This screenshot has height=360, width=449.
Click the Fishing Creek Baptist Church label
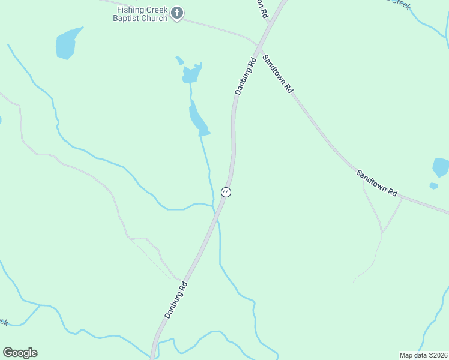pos(142,14)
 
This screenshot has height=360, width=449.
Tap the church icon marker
pos(177,13)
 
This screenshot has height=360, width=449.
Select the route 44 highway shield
pos(226,192)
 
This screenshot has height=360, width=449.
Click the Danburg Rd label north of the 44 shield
pos(246,75)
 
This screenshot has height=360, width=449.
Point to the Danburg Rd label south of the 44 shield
pos(176,299)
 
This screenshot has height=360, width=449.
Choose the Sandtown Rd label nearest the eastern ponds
pos(376,183)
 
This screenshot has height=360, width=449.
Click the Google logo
pos(20,353)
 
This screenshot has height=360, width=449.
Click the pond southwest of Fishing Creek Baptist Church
pos(67,44)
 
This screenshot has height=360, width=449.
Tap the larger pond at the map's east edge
pos(441,167)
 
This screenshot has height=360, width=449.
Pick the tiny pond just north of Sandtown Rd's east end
pos(433,186)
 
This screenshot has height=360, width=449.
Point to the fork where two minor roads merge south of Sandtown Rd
pos(382,232)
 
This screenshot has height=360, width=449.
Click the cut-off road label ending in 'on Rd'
pos(261,8)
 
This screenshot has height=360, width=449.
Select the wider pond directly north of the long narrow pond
pos(191,74)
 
